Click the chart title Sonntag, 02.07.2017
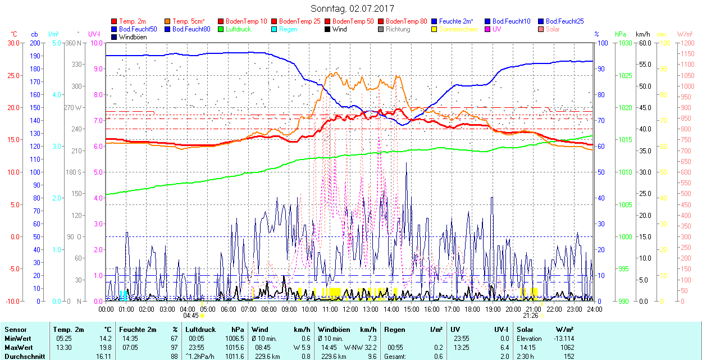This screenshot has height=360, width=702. pos(352,8)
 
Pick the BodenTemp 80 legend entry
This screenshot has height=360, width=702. pos(407,21)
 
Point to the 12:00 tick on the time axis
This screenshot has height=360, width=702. pos(350,309)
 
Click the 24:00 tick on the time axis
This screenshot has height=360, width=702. pos(595,309)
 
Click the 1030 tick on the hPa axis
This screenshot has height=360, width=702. pos(624,43)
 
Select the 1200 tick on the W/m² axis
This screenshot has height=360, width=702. pos(686,43)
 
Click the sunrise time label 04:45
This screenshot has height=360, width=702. pos(191,315)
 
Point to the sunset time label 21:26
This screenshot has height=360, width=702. pos(531,315)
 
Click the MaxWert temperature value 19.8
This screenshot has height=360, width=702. pos(106,347)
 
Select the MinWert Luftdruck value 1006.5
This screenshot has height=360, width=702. pos(234,339)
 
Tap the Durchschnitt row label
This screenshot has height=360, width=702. pos(24,356)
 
